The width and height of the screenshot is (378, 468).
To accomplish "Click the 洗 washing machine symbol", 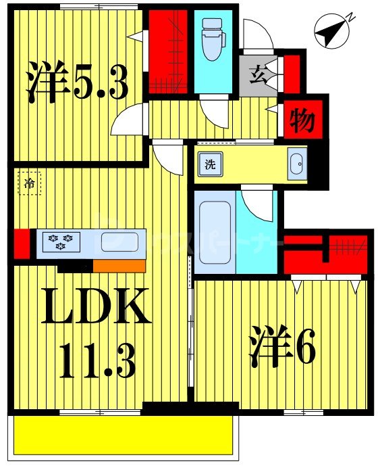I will tap(211, 163).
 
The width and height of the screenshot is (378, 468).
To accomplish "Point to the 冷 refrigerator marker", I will tap(29, 183).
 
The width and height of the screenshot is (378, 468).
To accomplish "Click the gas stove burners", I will tap(60, 241).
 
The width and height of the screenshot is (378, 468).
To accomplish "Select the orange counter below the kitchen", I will tap(119, 265).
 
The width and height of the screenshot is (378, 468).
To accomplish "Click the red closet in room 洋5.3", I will tap(168, 52).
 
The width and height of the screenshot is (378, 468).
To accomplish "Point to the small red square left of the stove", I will tap(20, 243).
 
